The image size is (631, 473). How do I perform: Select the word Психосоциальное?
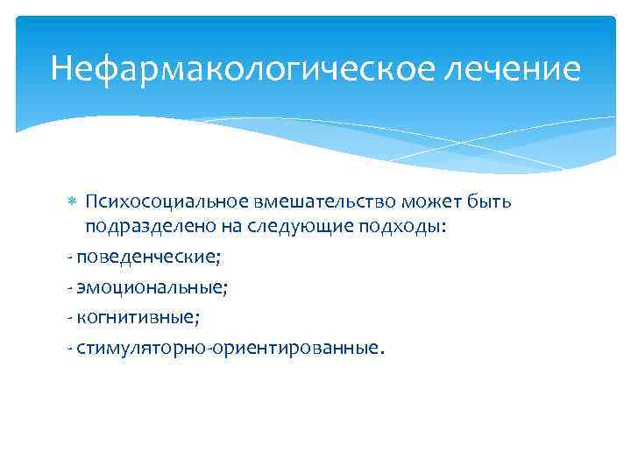(158, 202)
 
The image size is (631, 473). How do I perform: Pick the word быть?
(487, 202)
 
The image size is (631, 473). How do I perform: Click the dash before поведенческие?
(69, 258)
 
